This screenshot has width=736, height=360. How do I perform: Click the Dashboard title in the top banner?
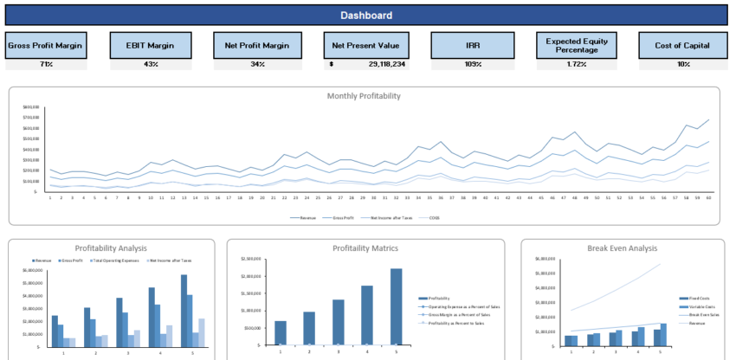pos(365,15)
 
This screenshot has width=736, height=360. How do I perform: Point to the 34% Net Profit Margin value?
pos(257,64)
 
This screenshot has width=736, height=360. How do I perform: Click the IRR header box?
pos(474,45)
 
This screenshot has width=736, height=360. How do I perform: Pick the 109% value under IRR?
pos(474,64)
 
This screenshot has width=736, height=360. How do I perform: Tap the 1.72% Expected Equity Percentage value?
pos(577,64)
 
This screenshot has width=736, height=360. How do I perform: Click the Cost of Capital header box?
pos(683,45)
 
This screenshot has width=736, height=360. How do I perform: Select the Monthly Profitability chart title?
pos(364,95)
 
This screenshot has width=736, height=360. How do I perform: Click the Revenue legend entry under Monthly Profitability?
pos(300,217)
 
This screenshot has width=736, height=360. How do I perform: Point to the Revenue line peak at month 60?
pos(707,120)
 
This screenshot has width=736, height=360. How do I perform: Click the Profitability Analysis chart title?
pos(110,248)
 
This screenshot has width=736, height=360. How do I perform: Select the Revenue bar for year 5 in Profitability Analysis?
pos(184,310)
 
